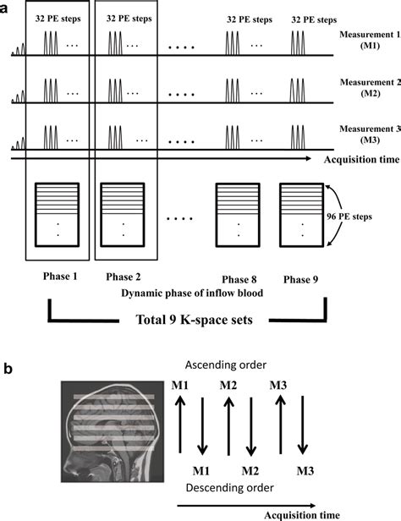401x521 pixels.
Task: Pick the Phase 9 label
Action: point(302,280)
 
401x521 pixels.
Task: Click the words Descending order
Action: point(228,488)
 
